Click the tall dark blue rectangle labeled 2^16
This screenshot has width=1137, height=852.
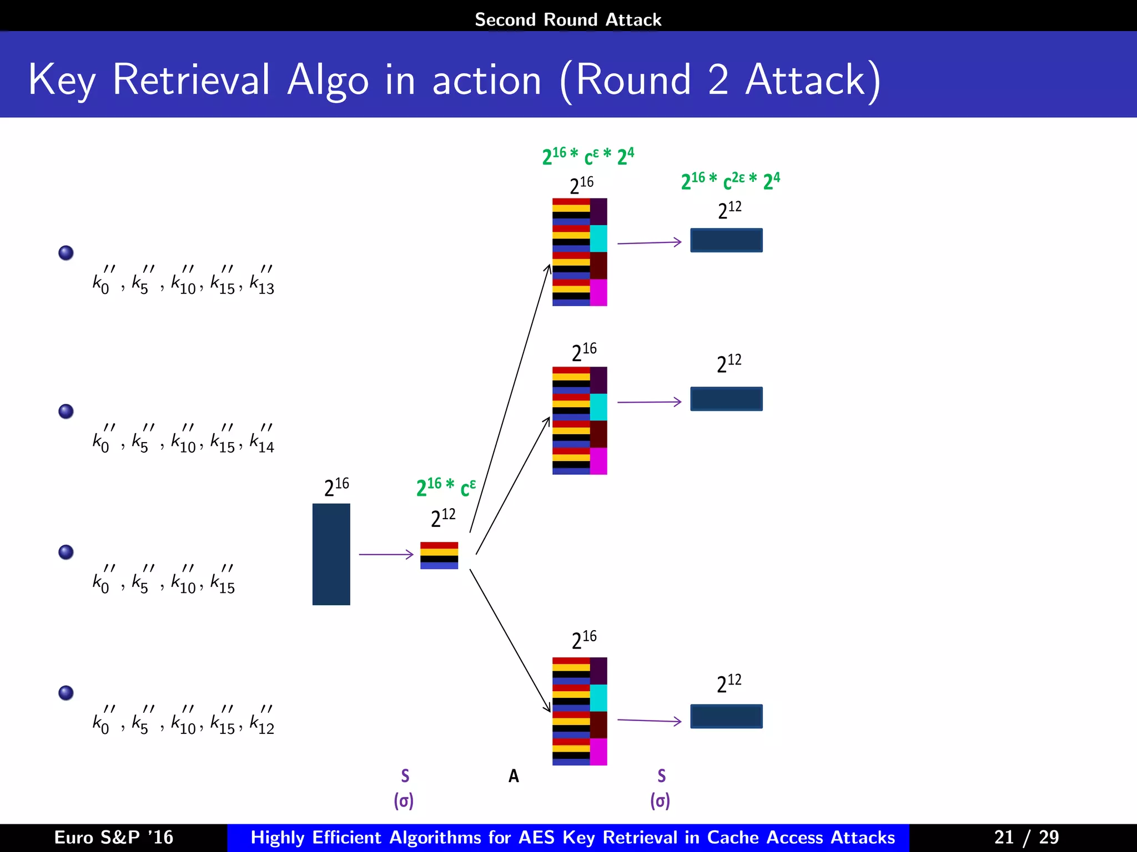331,554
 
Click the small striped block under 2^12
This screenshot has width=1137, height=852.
439,555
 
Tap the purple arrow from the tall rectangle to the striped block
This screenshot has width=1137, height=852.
386,554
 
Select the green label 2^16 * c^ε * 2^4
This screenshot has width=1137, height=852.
588,156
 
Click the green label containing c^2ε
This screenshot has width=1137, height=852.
730,181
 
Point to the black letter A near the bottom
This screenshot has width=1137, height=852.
514,776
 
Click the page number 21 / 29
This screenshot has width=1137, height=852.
1026,837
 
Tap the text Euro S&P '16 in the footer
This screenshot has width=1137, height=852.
114,837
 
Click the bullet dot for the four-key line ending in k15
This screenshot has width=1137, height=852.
66,552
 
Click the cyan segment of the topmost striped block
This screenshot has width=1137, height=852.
598,239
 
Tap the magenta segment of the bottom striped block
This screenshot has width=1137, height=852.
598,752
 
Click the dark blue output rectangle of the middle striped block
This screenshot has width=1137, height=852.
726,399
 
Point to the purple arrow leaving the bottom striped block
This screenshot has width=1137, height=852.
649,721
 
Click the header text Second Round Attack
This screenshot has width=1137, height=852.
568,19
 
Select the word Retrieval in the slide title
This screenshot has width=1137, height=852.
192,80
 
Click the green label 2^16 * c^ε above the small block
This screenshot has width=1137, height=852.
446,487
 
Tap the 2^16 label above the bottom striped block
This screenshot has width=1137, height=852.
583,640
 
